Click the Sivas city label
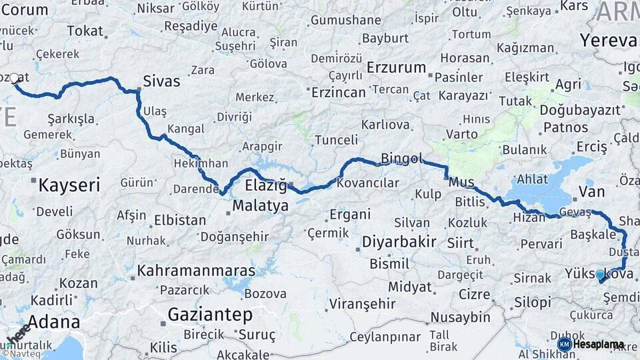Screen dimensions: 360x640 [161, 81]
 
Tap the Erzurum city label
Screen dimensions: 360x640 [396, 67]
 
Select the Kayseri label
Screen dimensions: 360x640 [69, 185]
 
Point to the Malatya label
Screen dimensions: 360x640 [260, 205]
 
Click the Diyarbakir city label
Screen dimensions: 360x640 [399, 241]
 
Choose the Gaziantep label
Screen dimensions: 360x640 [211, 313]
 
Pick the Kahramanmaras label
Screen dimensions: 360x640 [196, 271]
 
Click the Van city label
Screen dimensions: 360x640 [591, 192]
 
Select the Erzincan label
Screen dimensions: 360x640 [339, 92]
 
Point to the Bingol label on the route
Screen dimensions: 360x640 [401, 158]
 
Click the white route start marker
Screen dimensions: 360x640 [15, 79]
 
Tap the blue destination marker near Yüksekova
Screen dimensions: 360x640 [600, 275]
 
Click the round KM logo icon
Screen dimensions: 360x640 [564, 344]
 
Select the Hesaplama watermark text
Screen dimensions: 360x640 [599, 345]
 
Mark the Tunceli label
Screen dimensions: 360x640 [336, 140]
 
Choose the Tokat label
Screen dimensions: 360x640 [85, 31]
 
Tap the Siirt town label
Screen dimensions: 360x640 [460, 243]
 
